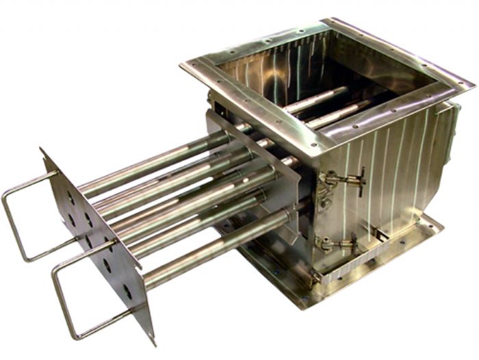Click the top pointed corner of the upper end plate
tap(42, 151)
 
